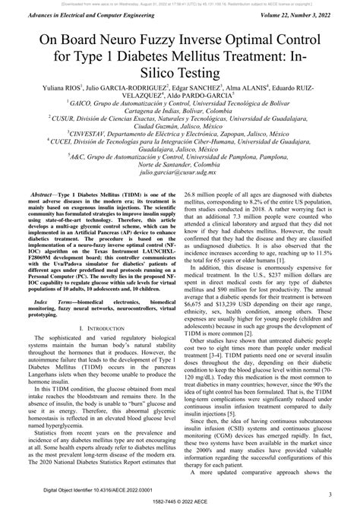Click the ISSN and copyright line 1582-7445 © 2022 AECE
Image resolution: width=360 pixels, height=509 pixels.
click(x=180, y=502)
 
